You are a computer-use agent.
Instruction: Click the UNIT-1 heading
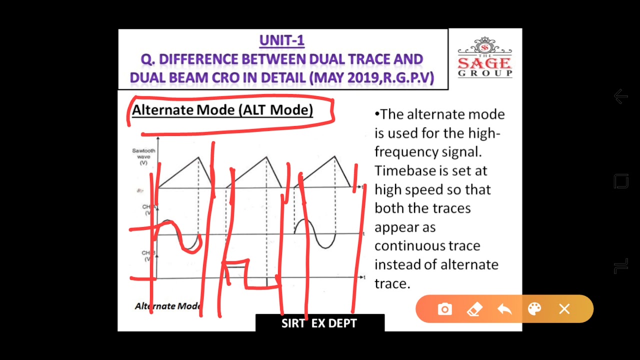tap(281, 40)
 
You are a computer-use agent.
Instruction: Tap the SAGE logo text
tap(484, 63)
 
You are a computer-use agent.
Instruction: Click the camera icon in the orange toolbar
tap(444, 309)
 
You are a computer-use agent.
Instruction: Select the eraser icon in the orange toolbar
tap(474, 309)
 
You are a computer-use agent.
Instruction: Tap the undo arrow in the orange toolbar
tap(504, 309)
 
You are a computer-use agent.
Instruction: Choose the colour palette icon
tap(534, 309)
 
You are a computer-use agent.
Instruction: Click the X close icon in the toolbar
tap(564, 309)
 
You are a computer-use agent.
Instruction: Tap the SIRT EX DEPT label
tap(319, 323)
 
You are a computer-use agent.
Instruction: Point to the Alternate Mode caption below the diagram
tap(167, 306)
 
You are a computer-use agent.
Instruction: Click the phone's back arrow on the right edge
tap(620, 96)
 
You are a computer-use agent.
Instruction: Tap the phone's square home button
tap(620, 181)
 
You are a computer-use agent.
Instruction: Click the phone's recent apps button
tap(620, 266)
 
